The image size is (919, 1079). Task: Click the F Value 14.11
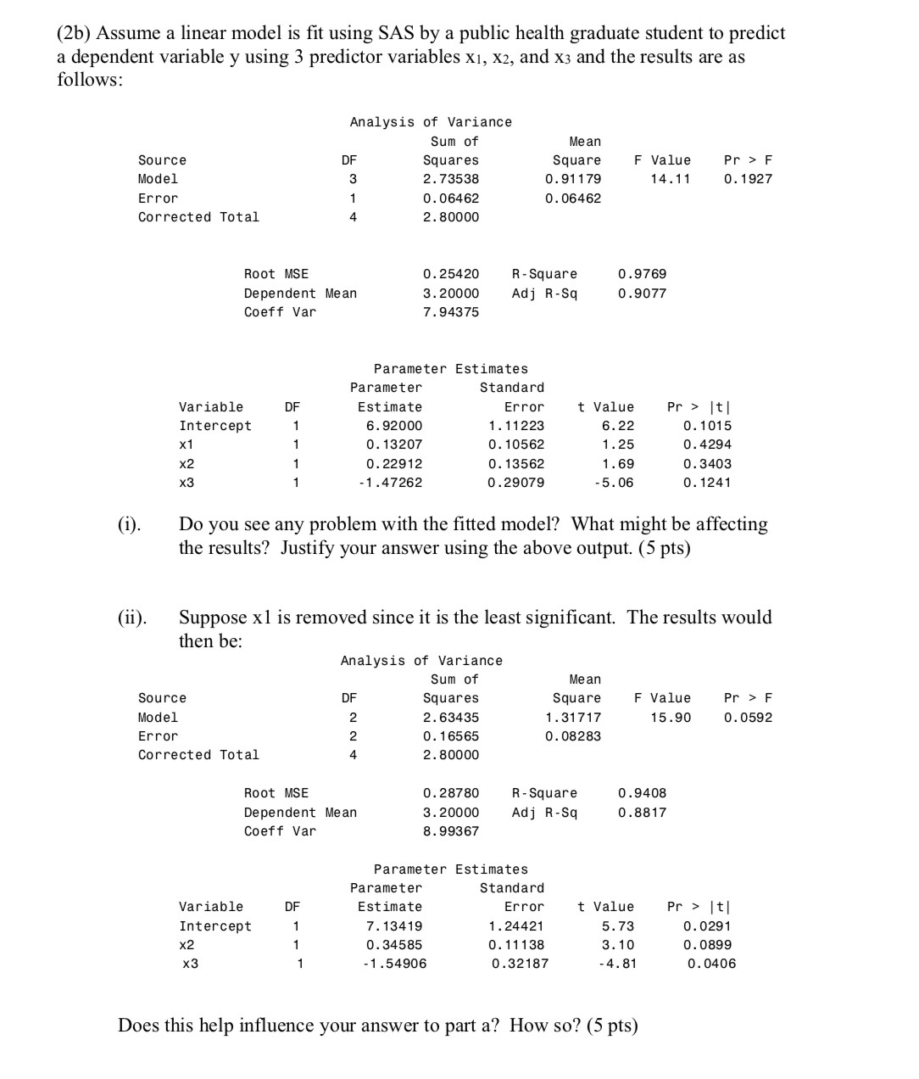(670, 179)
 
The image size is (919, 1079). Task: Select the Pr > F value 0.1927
(748, 179)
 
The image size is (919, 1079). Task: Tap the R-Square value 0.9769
(642, 274)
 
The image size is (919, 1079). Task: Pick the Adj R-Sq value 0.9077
(642, 294)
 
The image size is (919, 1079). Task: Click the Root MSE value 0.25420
(450, 274)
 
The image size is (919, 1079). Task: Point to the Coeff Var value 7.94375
(450, 312)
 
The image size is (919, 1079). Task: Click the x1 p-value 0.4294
(707, 444)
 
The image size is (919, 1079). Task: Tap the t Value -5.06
(617, 483)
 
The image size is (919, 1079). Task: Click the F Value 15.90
(670, 718)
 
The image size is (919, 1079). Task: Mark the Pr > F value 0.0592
(748, 718)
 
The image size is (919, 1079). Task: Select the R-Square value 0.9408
(642, 793)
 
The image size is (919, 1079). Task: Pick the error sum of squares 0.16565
(450, 736)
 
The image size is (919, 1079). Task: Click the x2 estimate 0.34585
(393, 945)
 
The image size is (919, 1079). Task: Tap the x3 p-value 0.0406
(711, 964)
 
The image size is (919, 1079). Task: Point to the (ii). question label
(131, 618)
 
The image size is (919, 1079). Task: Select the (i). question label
(129, 524)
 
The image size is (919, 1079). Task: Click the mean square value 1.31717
(572, 718)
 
